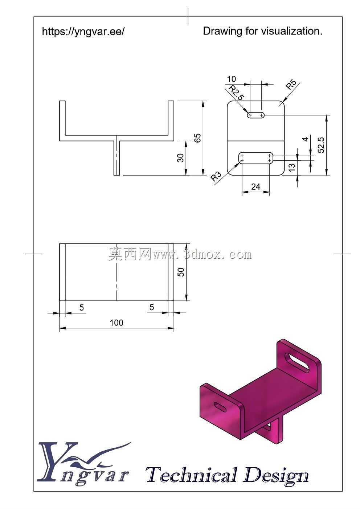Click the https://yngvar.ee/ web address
[x=83, y=32]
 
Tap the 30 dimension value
[x=180, y=158]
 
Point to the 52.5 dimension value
[x=322, y=145]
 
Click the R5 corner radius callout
[x=291, y=85]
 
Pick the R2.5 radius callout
[x=236, y=93]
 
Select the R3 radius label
[x=216, y=176]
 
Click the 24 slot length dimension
[x=256, y=187]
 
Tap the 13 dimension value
[x=292, y=167]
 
